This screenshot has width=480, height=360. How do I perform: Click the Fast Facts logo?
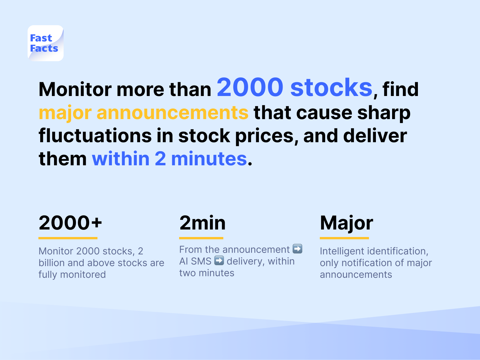pos(46,43)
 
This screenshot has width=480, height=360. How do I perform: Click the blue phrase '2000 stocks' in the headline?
pos(294,87)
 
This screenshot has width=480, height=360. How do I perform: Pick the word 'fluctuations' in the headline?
pos(95,136)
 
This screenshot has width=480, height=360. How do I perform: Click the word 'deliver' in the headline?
pos(375,136)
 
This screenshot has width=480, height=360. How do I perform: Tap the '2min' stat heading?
pos(202,223)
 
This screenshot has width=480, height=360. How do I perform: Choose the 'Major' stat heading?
pos(346,223)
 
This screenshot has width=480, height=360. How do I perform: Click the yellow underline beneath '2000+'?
pos(68,238)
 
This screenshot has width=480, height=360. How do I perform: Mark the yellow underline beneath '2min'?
pos(201,238)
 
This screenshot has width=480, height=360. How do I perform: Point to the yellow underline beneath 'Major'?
pos(344,238)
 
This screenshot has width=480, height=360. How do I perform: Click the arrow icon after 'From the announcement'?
pos(297,249)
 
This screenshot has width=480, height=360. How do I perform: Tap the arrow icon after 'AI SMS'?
pos(219,260)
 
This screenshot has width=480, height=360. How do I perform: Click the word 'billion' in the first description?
pos(52,263)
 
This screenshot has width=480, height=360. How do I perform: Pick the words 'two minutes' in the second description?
pos(207,273)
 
